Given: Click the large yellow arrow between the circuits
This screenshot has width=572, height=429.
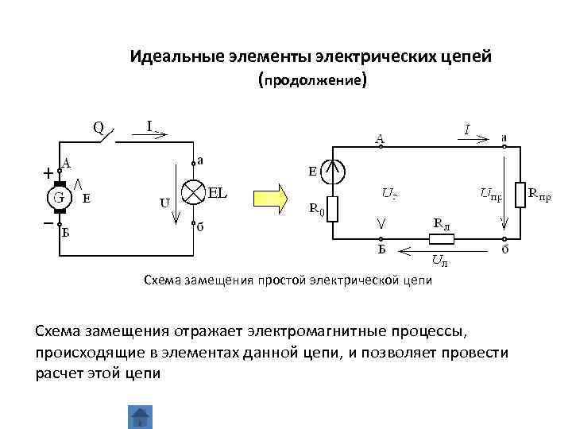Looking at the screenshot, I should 270,197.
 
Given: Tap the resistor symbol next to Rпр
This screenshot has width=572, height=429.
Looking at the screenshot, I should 520,193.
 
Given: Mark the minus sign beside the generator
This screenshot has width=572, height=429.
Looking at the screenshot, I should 48,224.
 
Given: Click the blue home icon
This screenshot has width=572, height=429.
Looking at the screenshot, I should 140,417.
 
